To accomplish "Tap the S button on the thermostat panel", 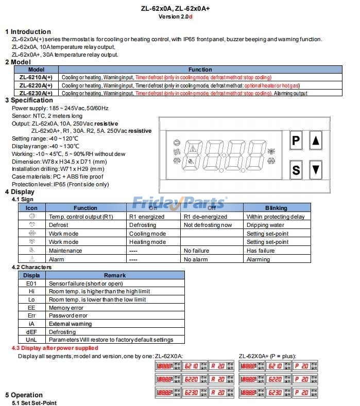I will (x=296, y=169).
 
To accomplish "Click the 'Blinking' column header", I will (x=276, y=208).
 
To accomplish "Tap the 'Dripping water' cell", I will (x=265, y=225).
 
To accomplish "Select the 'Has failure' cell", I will (x=261, y=251).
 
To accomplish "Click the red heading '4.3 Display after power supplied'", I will (x=55, y=348).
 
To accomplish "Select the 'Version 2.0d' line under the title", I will (x=176, y=16).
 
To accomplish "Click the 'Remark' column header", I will (x=114, y=275).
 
